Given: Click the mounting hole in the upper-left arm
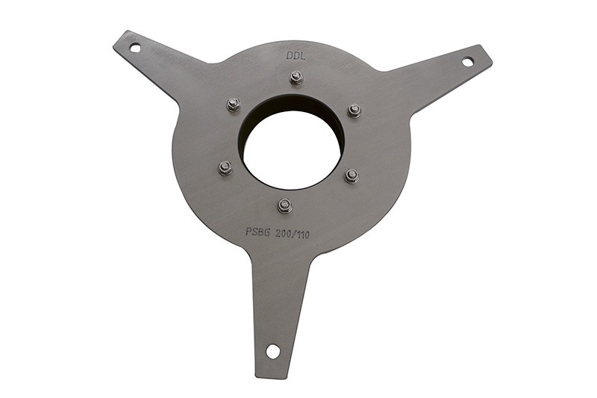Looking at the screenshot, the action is (x=135, y=48).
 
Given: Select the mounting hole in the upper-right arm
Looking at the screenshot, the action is (x=468, y=61).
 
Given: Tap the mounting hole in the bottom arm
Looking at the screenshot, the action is (x=272, y=351).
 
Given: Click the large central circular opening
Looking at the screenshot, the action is (x=291, y=150).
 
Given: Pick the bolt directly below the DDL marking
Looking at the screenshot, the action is (x=296, y=78).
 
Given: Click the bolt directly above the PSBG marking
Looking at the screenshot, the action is (x=285, y=205).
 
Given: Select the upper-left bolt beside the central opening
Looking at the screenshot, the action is (x=234, y=105).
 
